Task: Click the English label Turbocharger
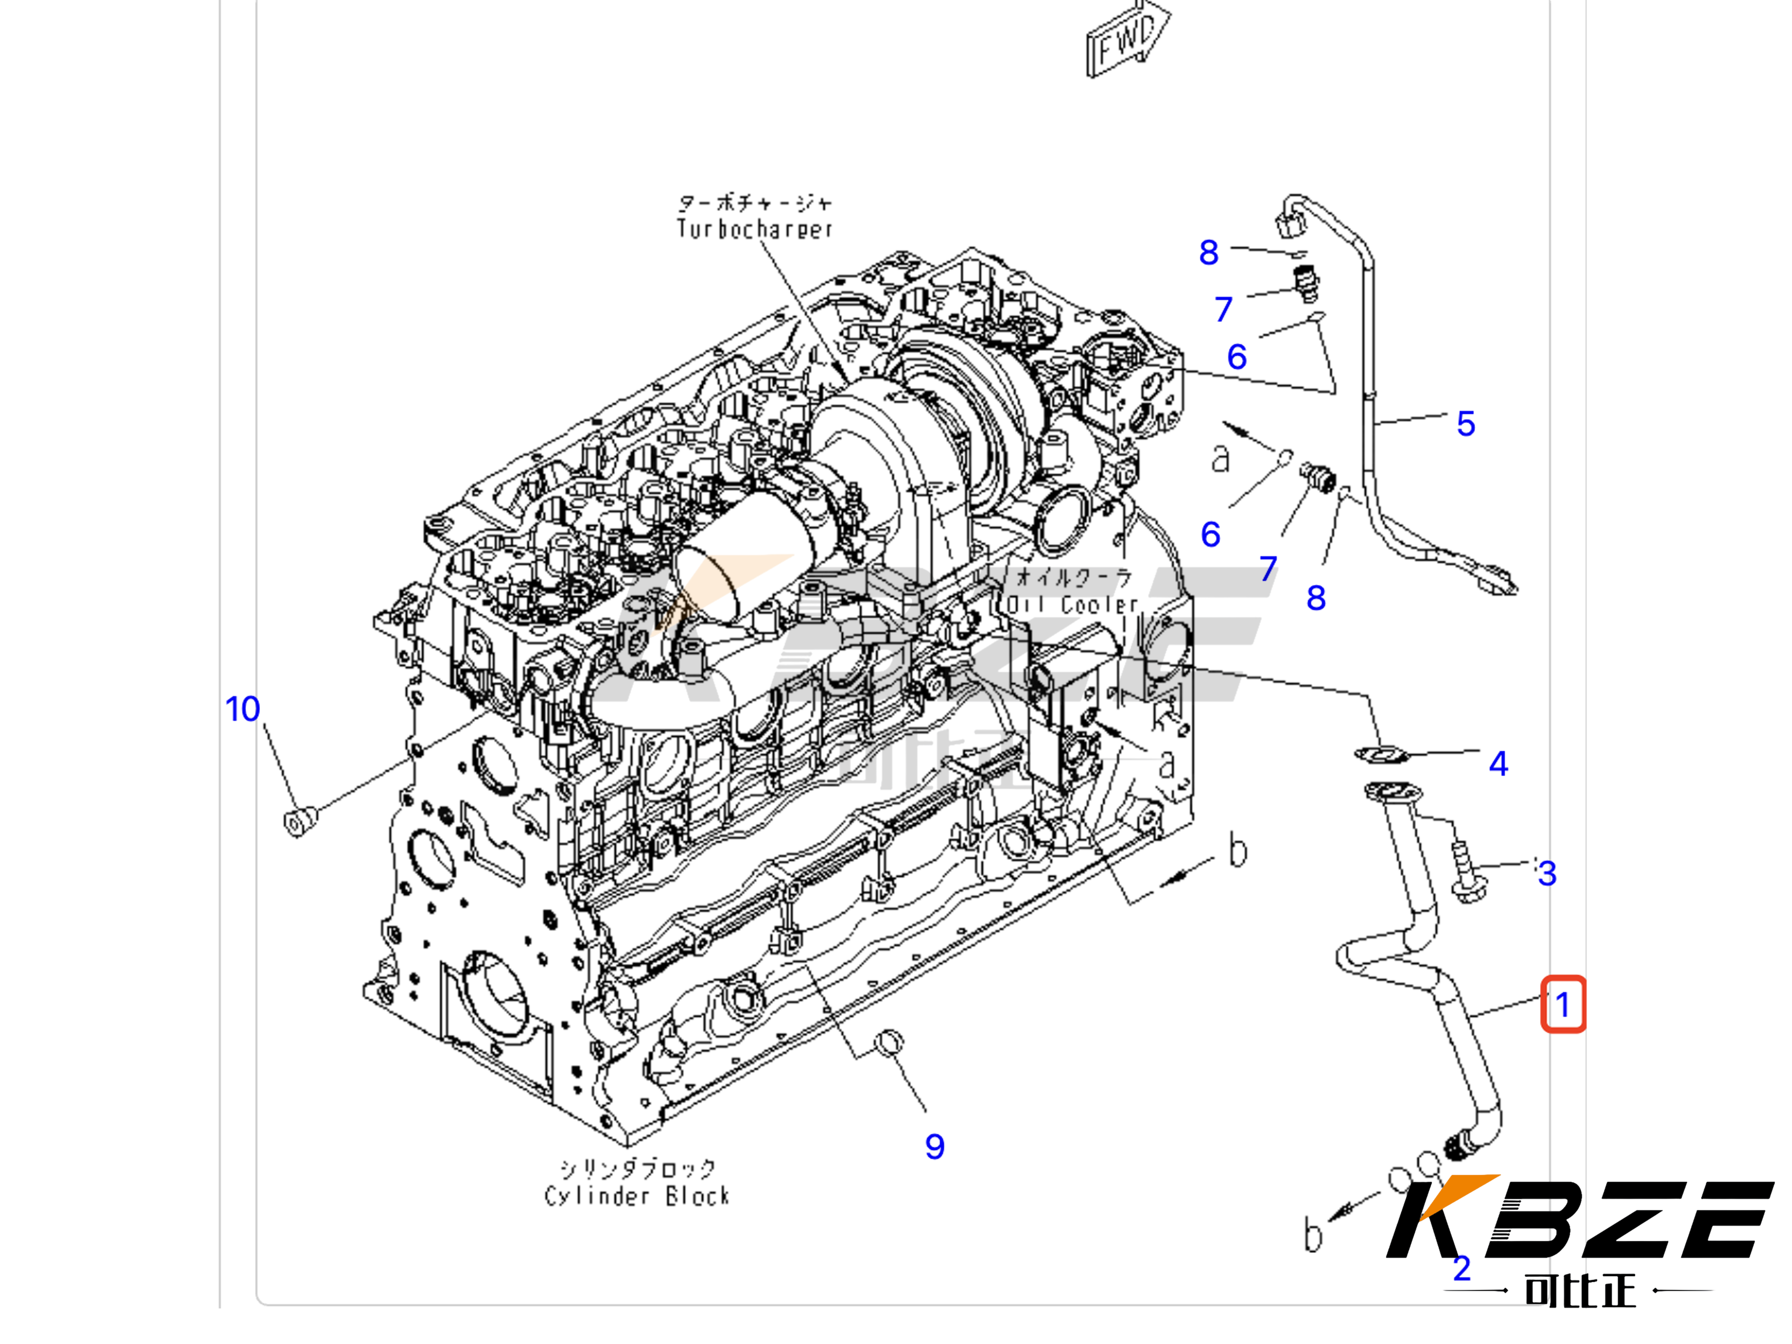click(x=754, y=229)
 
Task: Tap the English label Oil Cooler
click(x=1072, y=604)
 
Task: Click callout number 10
click(x=242, y=710)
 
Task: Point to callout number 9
click(x=934, y=1146)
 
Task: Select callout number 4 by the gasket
click(x=1498, y=763)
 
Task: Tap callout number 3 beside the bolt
click(x=1547, y=873)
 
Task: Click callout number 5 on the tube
click(x=1465, y=424)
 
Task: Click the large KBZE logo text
click(x=1580, y=1219)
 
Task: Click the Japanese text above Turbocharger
click(x=754, y=203)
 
